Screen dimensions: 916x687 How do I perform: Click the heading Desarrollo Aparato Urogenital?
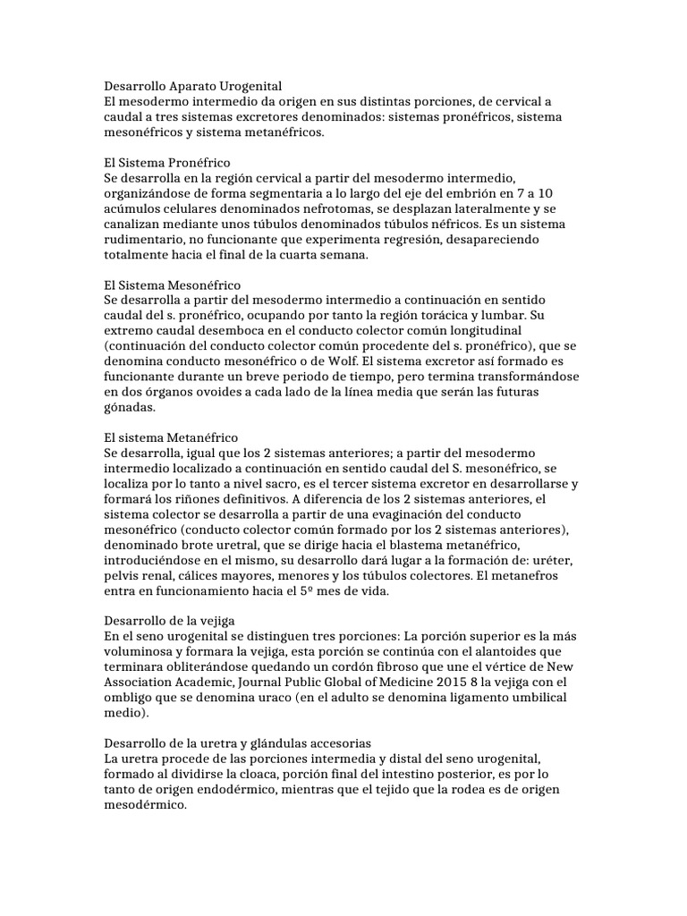[192, 87]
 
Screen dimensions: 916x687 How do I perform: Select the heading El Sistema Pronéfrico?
[167, 164]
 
